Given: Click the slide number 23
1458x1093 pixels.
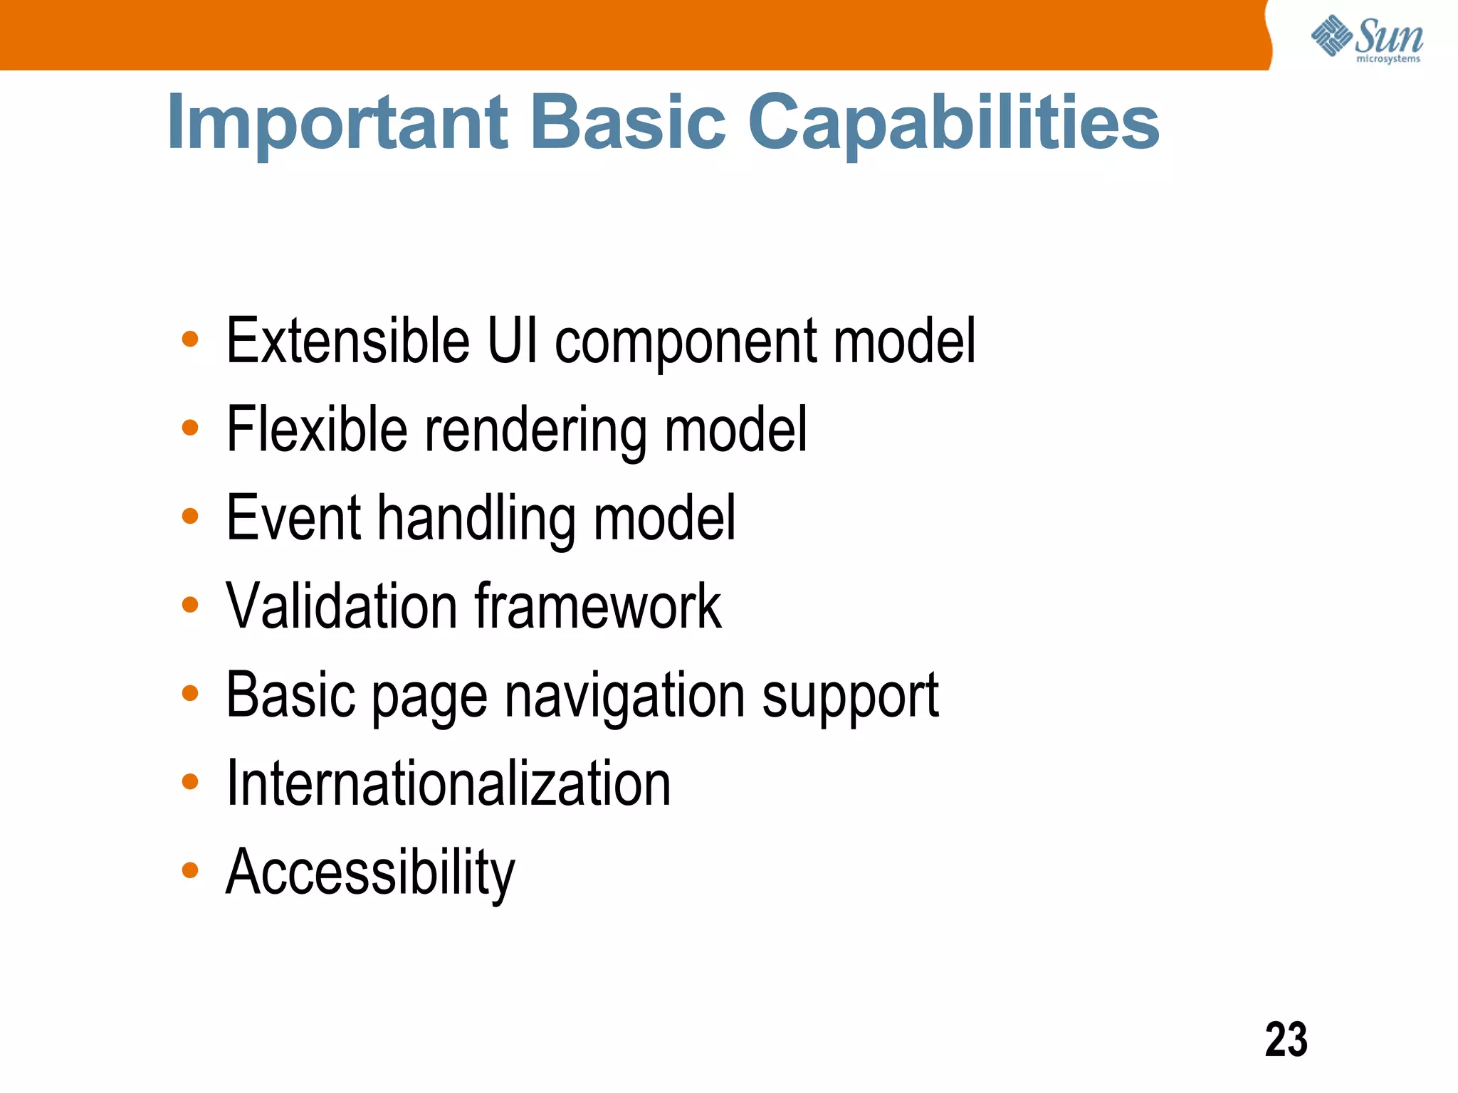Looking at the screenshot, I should coord(1286,1040).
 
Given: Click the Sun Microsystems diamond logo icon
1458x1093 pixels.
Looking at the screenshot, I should coord(1331,36).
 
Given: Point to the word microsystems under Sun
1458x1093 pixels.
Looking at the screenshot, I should coord(1388,59).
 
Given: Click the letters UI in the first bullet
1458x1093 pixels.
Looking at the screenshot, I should coord(511,341).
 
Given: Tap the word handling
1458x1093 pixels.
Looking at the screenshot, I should coord(476,519).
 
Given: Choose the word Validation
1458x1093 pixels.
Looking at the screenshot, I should coord(341,606).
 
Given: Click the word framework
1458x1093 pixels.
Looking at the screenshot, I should coord(598,606).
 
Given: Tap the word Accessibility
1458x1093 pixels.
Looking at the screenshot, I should coord(370,873).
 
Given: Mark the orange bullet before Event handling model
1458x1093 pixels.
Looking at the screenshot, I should coord(189,516).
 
